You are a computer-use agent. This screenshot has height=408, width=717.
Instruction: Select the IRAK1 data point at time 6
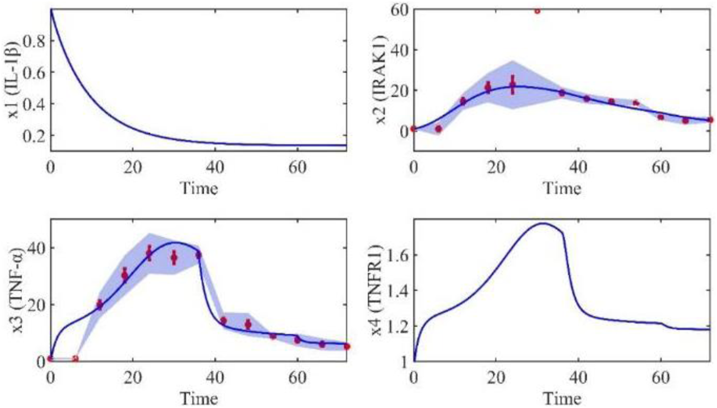click(438, 129)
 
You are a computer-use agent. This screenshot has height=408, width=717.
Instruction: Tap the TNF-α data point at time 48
click(248, 324)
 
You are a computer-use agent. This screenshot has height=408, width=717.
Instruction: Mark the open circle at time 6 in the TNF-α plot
click(75, 359)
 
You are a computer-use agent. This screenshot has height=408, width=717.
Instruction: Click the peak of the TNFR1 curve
click(543, 223)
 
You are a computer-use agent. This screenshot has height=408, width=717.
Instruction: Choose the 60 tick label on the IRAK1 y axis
click(397, 9)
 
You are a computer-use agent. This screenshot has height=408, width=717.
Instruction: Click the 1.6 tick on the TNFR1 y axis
click(395, 256)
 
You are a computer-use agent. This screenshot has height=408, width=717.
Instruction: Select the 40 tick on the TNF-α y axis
click(33, 248)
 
